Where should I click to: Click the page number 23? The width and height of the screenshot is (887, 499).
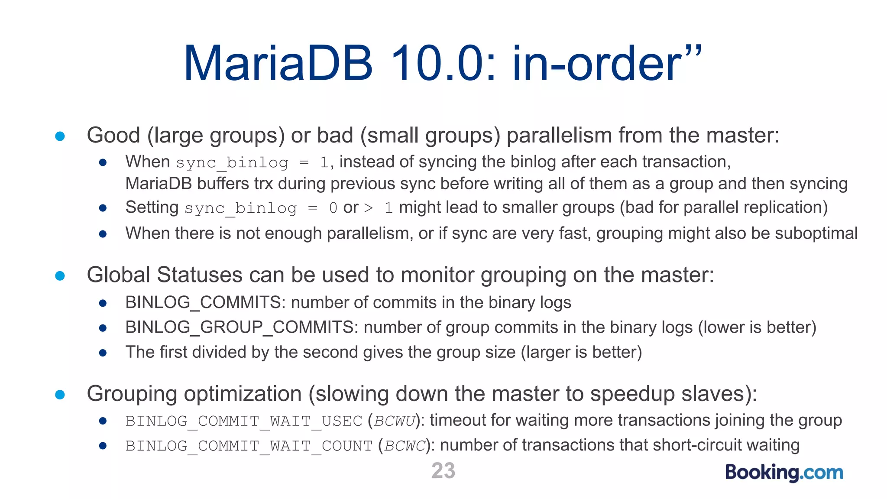tap(443, 470)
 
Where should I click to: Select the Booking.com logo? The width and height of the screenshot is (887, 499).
tap(784, 472)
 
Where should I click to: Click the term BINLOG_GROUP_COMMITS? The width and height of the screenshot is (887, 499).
tap(240, 327)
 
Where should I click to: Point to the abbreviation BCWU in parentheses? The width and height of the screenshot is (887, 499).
tap(395, 421)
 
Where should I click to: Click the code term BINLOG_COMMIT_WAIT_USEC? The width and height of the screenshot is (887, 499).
tap(244, 421)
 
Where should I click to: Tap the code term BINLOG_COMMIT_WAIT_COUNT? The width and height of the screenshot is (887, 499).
tap(249, 446)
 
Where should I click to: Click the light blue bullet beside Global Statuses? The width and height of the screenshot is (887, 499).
tap(60, 275)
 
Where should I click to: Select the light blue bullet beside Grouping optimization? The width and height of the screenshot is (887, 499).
tap(60, 394)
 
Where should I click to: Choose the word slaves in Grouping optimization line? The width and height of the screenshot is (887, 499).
tap(712, 394)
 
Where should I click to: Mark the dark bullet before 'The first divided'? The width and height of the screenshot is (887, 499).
tap(103, 353)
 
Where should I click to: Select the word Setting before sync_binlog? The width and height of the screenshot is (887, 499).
tap(152, 207)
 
